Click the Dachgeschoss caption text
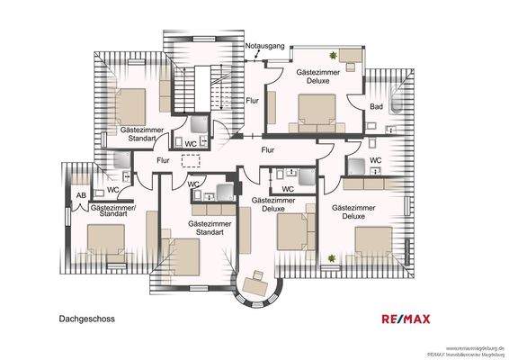(x=87, y=318)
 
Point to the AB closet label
(x=80, y=193)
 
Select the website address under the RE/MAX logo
(x=476, y=346)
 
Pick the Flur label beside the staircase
(x=252, y=101)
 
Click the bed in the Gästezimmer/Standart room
(x=106, y=239)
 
